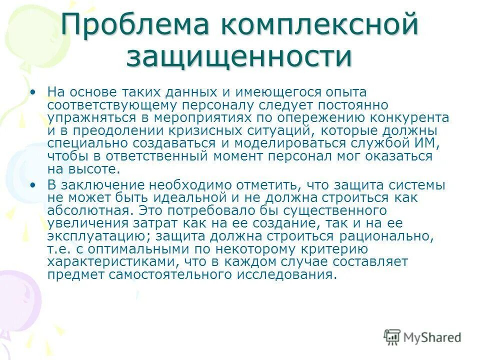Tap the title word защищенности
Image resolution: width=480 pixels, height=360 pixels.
[239, 56]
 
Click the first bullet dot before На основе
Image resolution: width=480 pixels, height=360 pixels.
[33, 92]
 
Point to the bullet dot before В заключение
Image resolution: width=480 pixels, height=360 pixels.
[33, 185]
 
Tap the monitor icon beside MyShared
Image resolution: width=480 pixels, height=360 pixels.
[392, 337]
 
